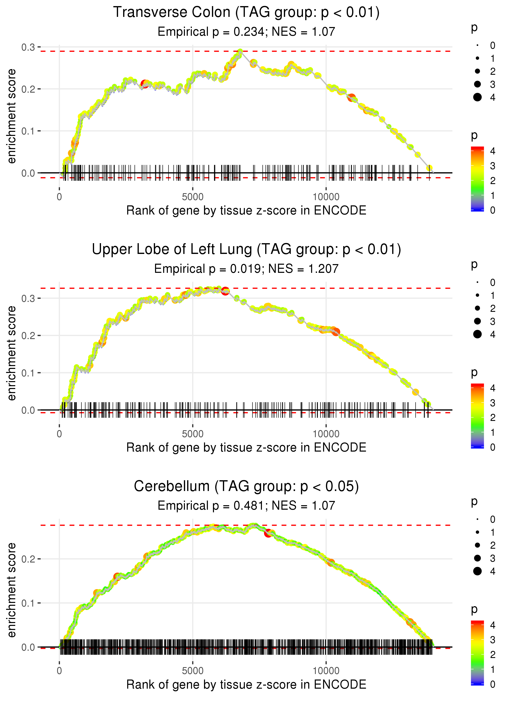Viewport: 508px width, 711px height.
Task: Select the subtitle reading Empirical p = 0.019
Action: pyautogui.click(x=246, y=269)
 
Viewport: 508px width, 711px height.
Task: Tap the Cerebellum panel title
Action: pyautogui.click(x=246, y=486)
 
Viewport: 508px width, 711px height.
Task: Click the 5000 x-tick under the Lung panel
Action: pyautogui.click(x=193, y=434)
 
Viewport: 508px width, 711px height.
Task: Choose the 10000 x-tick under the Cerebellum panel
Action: pyautogui.click(x=326, y=671)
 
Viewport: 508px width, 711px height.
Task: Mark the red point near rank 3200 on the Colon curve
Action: pyautogui.click(x=144, y=84)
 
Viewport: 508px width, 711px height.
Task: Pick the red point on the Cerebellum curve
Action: pyautogui.click(x=268, y=533)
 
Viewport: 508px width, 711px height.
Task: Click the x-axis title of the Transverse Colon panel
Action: pyautogui.click(x=246, y=210)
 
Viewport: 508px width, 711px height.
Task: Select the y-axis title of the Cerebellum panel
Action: pyautogui.click(x=12, y=590)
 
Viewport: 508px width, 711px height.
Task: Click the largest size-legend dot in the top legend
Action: pyautogui.click(x=477, y=97)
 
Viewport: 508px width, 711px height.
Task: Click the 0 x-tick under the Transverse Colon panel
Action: pyautogui.click(x=59, y=197)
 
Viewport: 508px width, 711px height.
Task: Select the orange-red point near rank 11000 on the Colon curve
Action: pyautogui.click(x=352, y=98)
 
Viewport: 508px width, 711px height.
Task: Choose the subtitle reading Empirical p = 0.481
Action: pyautogui.click(x=246, y=506)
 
